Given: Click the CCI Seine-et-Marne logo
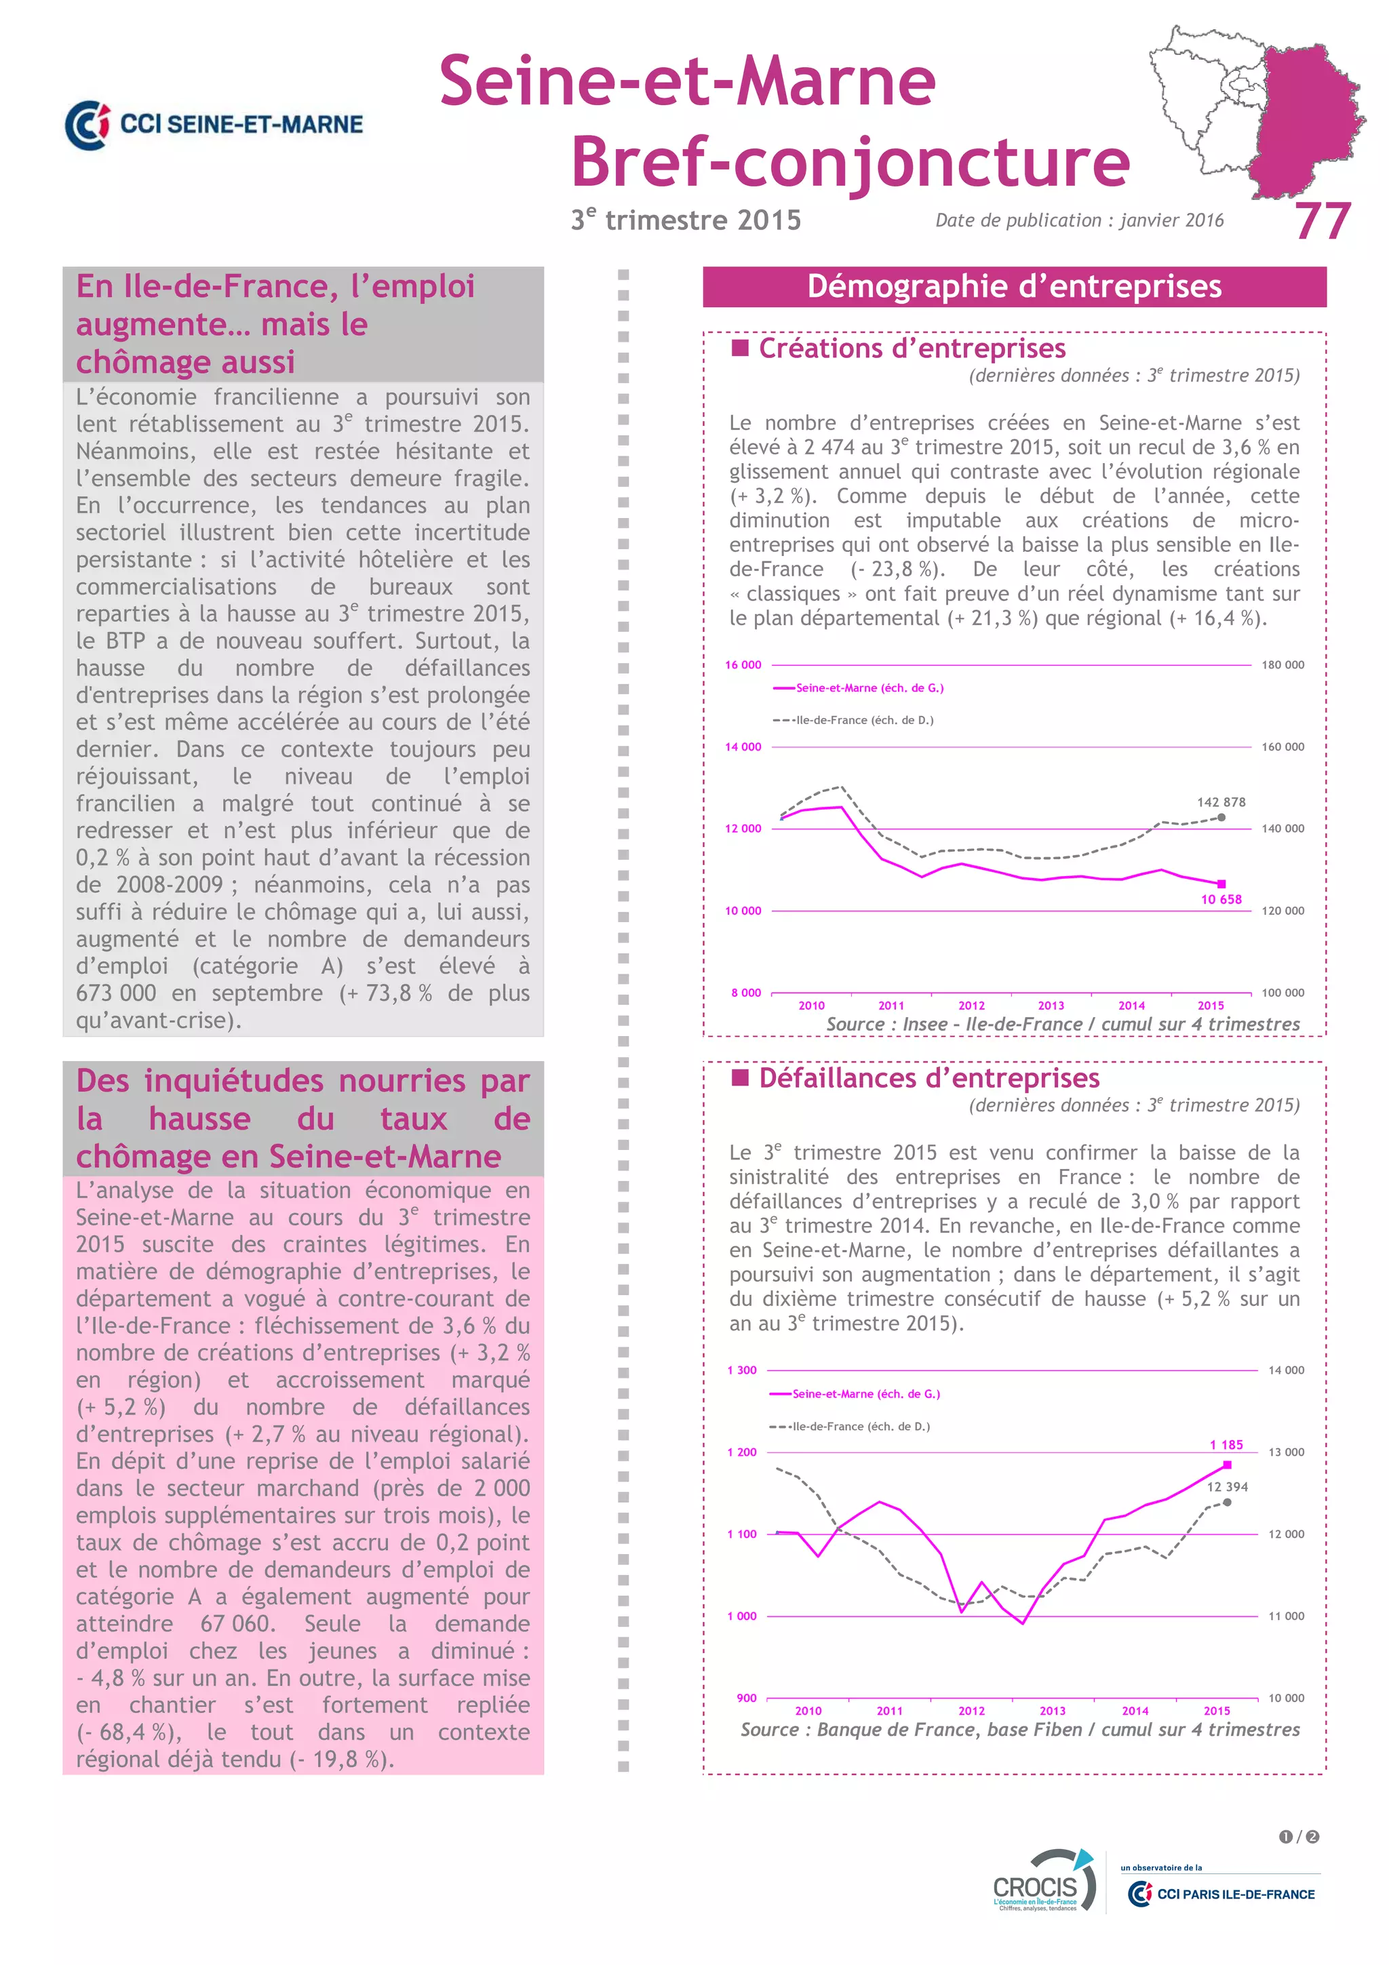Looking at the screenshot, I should (214, 125).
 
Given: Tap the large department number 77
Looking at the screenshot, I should (1323, 222).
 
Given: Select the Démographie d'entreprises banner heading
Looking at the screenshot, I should (1014, 287).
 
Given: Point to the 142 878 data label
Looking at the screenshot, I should (1220, 802).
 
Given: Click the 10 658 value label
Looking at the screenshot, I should (1220, 900).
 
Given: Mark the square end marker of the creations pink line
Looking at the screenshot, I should (1221, 884).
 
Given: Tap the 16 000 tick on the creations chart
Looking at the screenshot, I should (743, 665).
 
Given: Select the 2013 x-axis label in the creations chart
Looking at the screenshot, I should (1051, 1006).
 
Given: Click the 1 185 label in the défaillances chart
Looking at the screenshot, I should (1226, 1445).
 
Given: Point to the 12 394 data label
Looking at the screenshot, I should (1226, 1486).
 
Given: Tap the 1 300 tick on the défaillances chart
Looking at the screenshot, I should (742, 1370).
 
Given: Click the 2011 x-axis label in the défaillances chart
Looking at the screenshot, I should (889, 1711).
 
